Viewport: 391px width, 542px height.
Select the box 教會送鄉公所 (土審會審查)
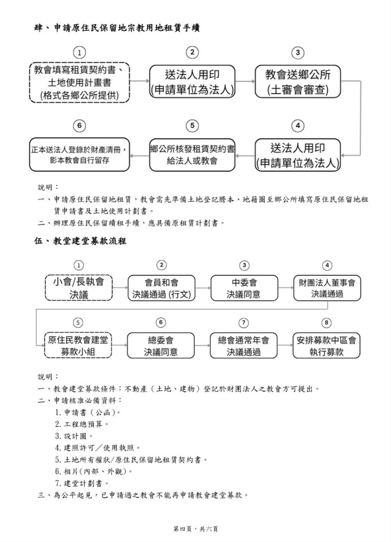click(x=297, y=82)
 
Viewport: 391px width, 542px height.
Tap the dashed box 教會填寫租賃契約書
click(x=79, y=82)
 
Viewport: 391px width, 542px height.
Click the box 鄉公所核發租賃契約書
click(x=192, y=155)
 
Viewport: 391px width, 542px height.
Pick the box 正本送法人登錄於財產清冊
click(x=79, y=155)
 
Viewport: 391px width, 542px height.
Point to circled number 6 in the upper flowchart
click(x=79, y=126)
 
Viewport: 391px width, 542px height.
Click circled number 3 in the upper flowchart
click(x=297, y=52)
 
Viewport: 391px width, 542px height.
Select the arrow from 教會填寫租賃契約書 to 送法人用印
click(x=139, y=81)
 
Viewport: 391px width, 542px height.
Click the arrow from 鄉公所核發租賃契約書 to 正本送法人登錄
click(x=139, y=155)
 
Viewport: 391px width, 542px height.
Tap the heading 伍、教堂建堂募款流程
click(x=80, y=241)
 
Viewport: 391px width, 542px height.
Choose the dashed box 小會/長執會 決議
click(x=79, y=288)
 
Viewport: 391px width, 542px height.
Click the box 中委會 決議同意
click(x=244, y=288)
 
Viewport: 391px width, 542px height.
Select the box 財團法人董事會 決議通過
click(x=327, y=288)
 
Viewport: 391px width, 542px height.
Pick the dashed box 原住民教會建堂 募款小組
click(x=78, y=345)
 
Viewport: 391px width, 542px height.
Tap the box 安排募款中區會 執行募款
click(x=326, y=345)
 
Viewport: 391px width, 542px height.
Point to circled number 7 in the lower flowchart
click(x=244, y=323)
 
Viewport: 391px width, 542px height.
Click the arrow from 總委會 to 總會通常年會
click(x=202, y=345)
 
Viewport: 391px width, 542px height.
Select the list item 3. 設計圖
click(x=74, y=436)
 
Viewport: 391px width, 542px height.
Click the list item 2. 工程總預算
click(x=82, y=424)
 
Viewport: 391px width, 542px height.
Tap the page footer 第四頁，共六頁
click(x=195, y=529)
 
